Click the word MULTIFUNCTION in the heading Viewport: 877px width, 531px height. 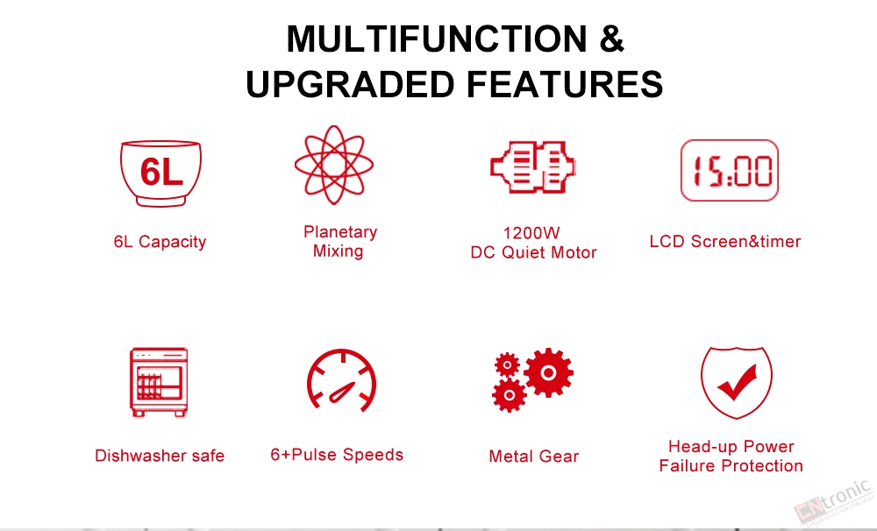(x=436, y=39)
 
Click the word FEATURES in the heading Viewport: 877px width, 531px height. (x=564, y=84)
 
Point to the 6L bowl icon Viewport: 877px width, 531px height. (x=160, y=173)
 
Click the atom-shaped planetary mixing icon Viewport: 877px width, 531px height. (x=334, y=165)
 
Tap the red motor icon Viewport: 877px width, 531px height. (x=532, y=166)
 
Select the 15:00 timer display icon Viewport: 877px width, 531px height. (x=730, y=170)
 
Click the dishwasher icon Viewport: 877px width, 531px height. (x=158, y=382)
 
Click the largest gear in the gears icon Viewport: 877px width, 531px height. (x=548, y=372)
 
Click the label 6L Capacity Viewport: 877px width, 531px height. (x=160, y=242)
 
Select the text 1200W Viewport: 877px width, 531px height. (x=531, y=232)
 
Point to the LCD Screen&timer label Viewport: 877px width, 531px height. (x=725, y=242)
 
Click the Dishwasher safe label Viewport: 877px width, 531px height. (x=160, y=456)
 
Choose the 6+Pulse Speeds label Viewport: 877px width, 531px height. (x=337, y=455)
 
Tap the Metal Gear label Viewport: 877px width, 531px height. (x=533, y=457)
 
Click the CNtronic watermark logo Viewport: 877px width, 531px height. (x=833, y=501)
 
